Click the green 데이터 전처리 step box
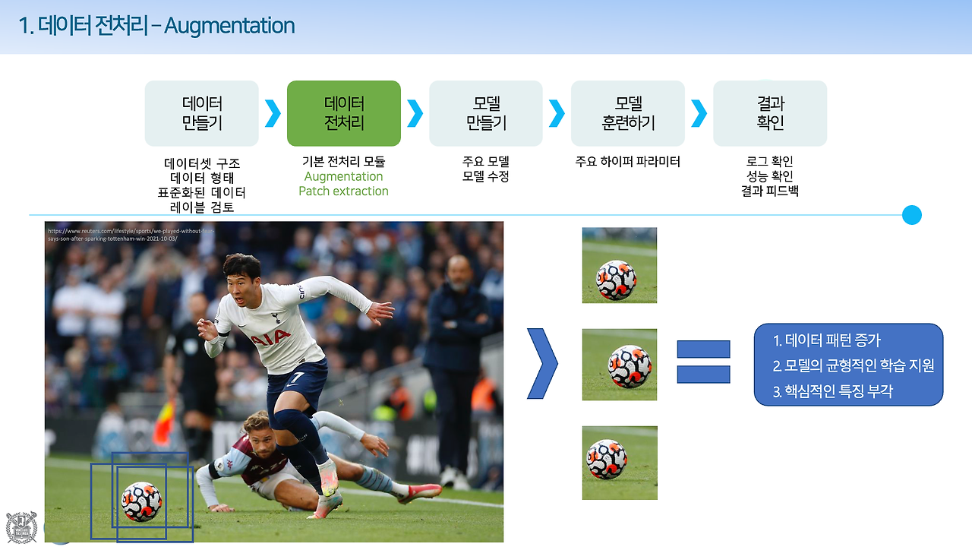[x=344, y=113]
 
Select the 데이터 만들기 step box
[x=202, y=113]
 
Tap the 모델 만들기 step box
[x=486, y=113]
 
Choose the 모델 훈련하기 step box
[x=628, y=113]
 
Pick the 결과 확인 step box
[x=770, y=113]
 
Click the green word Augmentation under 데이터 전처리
[x=343, y=177]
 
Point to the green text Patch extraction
[x=343, y=191]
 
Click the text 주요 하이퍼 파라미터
[x=628, y=162]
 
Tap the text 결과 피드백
[x=770, y=191]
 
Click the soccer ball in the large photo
[x=141, y=501]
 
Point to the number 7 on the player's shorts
[x=299, y=378]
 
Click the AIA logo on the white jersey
[x=270, y=337]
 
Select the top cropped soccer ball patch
[x=620, y=265]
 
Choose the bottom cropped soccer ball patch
[x=620, y=463]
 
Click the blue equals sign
[x=703, y=362]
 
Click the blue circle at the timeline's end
[x=911, y=215]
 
